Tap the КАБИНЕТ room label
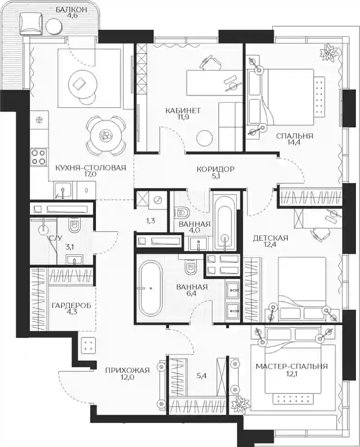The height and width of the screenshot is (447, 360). [183, 111]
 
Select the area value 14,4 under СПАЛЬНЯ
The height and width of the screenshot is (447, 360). [294, 142]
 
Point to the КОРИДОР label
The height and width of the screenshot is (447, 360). [216, 169]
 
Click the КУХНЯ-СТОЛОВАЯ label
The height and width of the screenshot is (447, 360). [90, 167]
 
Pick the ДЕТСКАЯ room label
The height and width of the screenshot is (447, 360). [270, 238]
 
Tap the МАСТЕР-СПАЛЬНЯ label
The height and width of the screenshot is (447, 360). [292, 366]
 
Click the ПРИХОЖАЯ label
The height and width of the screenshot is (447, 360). [127, 370]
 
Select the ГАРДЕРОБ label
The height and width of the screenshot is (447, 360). [72, 306]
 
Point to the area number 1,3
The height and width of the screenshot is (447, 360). [150, 221]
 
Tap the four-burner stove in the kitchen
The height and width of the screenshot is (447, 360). [39, 157]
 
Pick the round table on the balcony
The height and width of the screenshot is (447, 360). [54, 25]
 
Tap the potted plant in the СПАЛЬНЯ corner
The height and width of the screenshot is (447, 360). [329, 53]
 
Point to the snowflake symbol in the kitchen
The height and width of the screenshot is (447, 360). [38, 120]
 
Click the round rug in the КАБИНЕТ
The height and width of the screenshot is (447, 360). [205, 139]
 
